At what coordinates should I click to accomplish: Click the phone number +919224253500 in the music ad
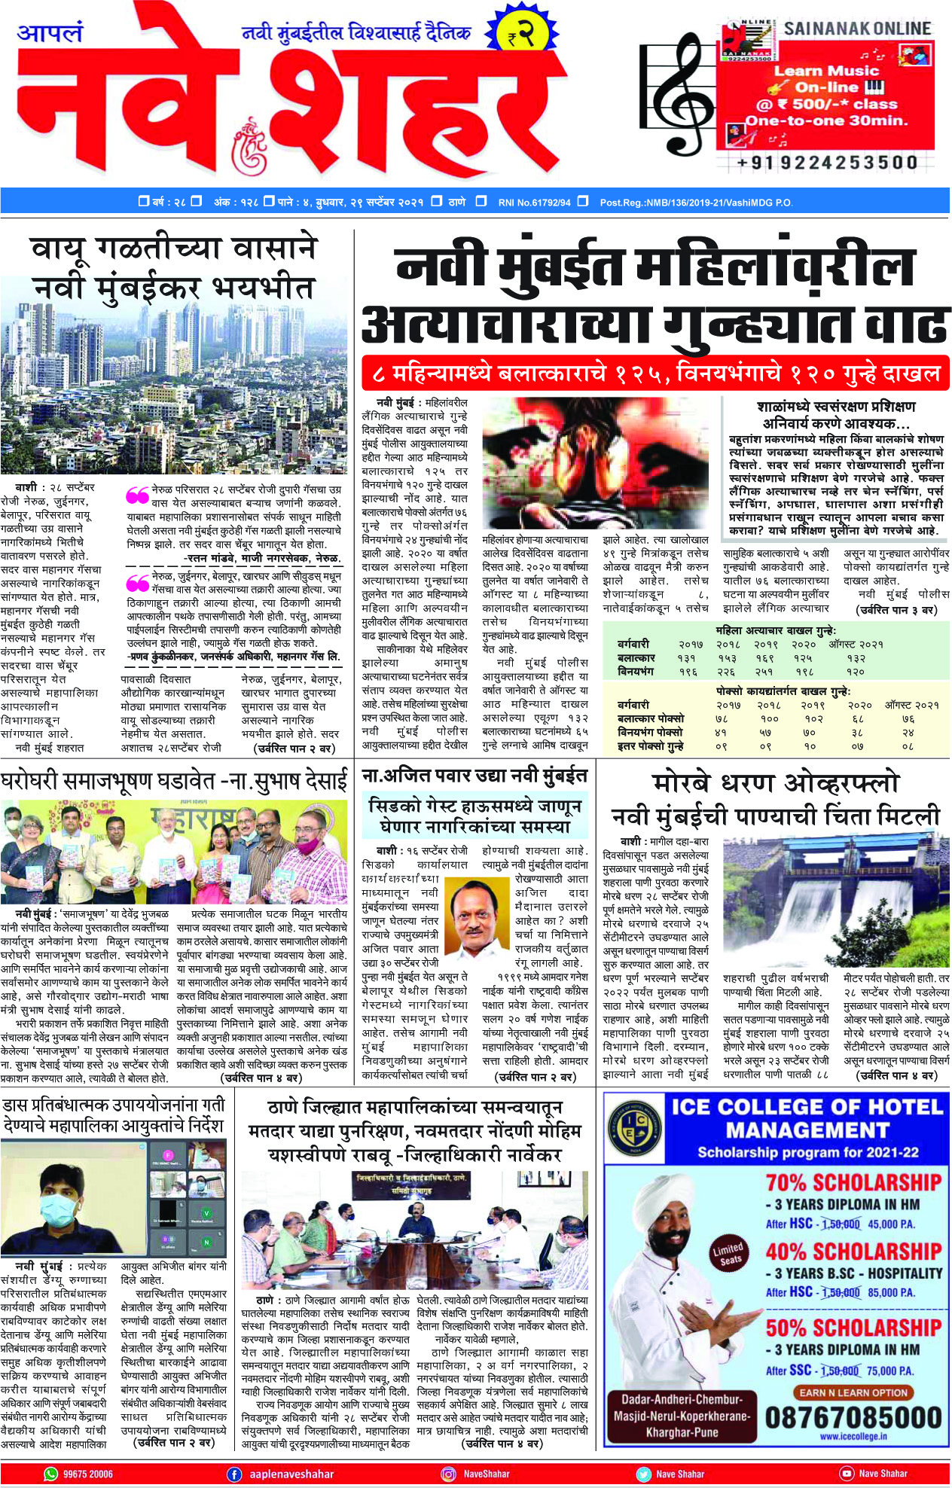click(826, 163)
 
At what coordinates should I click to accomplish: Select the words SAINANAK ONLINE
click(857, 29)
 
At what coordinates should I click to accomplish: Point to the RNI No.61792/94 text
click(534, 202)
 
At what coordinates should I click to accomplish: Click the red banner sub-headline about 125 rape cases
click(655, 373)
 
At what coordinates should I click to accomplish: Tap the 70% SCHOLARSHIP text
click(853, 1182)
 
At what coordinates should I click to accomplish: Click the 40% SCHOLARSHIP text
click(853, 1252)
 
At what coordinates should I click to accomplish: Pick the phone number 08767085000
click(853, 1418)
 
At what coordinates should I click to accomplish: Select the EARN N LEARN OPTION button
click(853, 1392)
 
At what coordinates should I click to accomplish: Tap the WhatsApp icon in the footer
click(51, 1474)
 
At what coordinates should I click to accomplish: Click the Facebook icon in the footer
click(234, 1474)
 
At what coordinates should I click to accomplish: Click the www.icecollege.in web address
click(853, 1436)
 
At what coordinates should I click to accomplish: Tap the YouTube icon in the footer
click(847, 1474)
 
